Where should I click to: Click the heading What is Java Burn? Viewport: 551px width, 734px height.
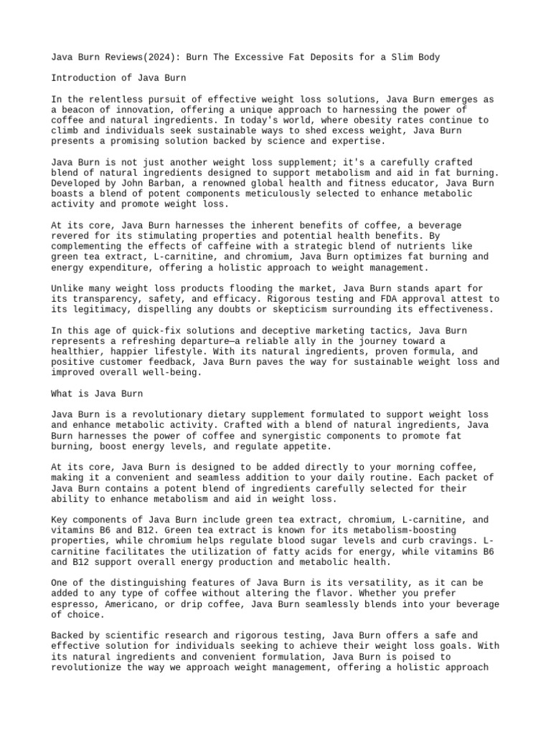tap(97, 394)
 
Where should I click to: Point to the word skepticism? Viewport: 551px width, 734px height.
tap(341, 310)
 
